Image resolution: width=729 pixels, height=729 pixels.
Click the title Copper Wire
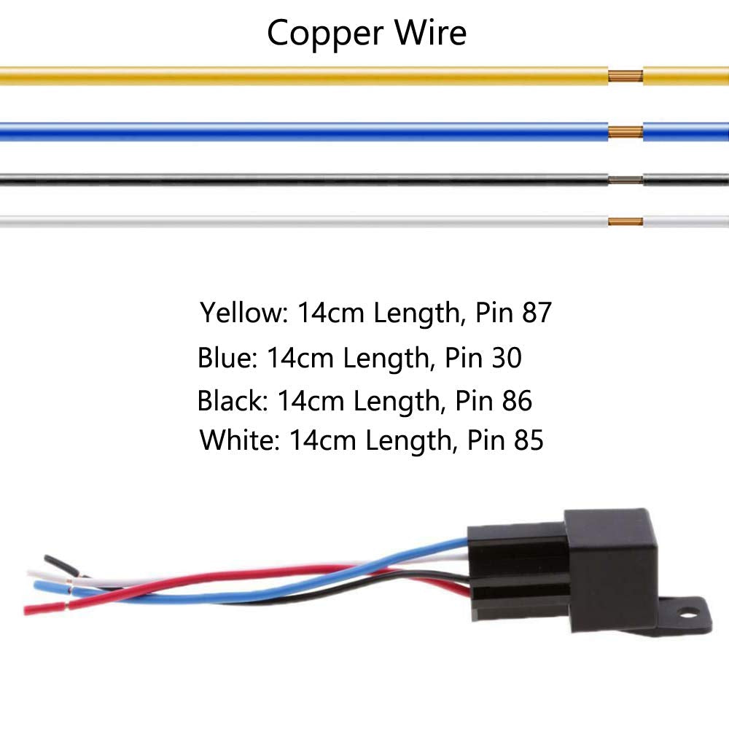pyautogui.click(x=366, y=33)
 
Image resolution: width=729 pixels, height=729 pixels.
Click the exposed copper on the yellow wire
pyautogui.click(x=625, y=76)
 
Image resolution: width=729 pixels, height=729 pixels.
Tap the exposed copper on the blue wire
pyautogui.click(x=625, y=132)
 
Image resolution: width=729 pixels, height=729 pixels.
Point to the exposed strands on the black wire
pyautogui.click(x=625, y=179)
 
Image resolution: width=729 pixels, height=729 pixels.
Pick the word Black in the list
pyautogui.click(x=227, y=401)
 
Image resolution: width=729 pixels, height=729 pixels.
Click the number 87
pyautogui.click(x=537, y=313)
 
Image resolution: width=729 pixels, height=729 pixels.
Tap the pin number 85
pyautogui.click(x=527, y=440)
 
